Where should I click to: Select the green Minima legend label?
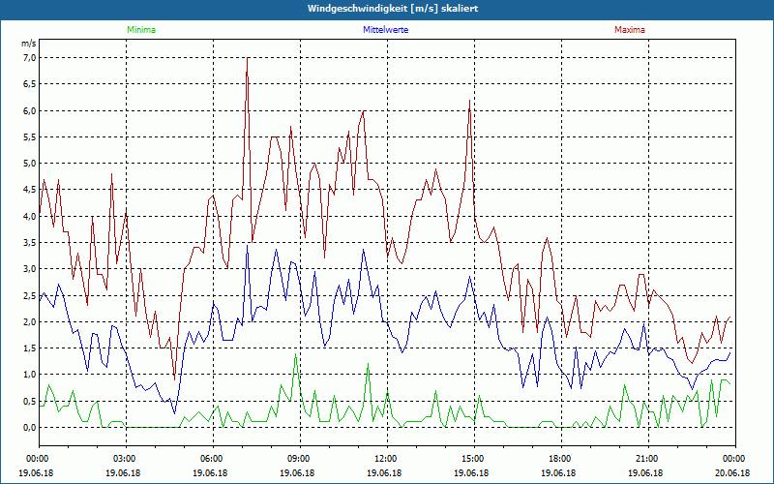pyautogui.click(x=140, y=30)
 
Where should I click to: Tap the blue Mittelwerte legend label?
pyautogui.click(x=384, y=30)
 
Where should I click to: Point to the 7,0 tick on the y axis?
pyautogui.click(x=28, y=57)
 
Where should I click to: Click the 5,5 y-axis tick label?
pyautogui.click(x=28, y=136)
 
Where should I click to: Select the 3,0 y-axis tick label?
pyautogui.click(x=28, y=268)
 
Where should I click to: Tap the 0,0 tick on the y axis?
pyautogui.click(x=28, y=427)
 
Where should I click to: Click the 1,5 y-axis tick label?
pyautogui.click(x=28, y=348)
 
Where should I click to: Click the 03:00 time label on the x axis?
pyautogui.click(x=125, y=459)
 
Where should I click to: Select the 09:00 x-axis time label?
pyautogui.click(x=299, y=459)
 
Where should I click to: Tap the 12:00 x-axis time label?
pyautogui.click(x=386, y=459)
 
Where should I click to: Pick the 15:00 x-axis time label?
pyautogui.click(x=473, y=459)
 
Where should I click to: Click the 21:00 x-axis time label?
pyautogui.click(x=647, y=459)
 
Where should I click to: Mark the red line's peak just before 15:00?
pyautogui.click(x=470, y=99)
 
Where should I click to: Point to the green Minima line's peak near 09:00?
pyautogui.click(x=295, y=354)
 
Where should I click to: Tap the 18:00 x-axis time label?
pyautogui.click(x=560, y=459)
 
